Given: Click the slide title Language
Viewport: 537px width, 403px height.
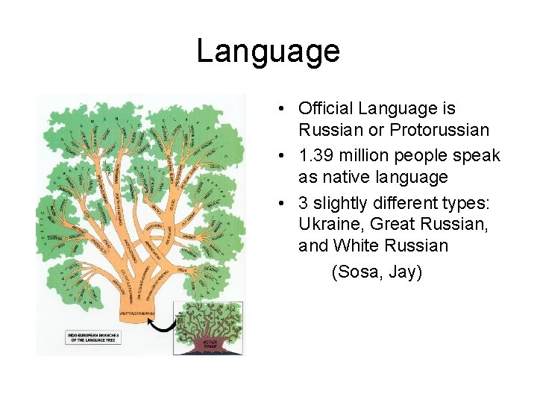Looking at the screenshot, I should [268, 51].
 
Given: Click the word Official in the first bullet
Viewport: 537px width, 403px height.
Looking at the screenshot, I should [325, 109].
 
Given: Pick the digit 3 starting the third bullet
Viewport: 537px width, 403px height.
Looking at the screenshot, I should [304, 203].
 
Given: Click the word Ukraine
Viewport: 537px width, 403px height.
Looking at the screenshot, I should [328, 224].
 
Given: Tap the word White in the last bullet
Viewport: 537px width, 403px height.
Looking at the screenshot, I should [357, 245].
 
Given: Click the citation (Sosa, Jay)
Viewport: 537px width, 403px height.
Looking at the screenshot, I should [377, 272].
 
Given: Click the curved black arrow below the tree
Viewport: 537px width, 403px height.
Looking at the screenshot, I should [163, 324].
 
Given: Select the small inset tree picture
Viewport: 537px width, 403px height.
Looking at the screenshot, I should [208, 328].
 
